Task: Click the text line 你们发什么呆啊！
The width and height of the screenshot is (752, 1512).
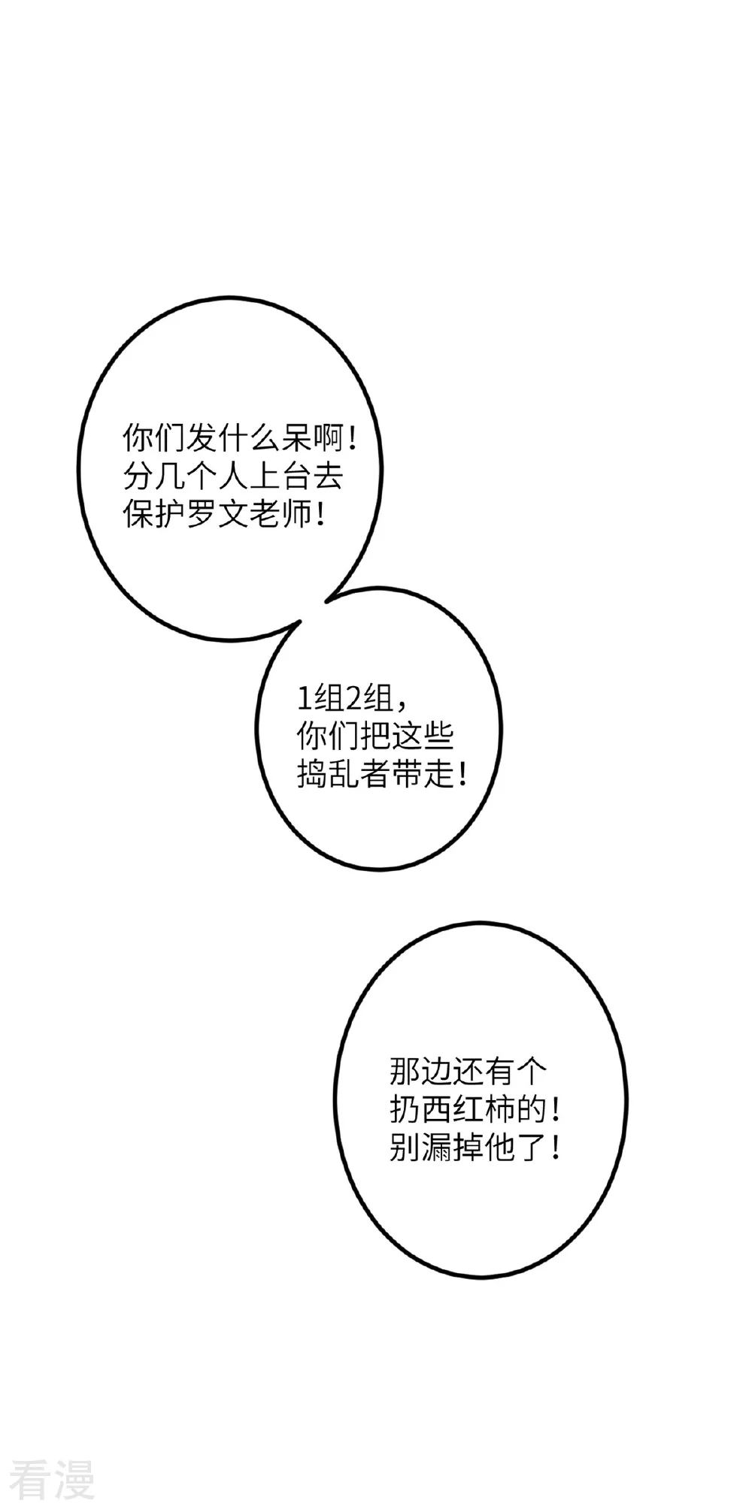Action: click(x=241, y=437)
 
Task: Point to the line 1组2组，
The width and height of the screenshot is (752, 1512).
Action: click(x=353, y=700)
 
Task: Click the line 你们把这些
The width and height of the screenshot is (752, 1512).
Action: click(x=375, y=737)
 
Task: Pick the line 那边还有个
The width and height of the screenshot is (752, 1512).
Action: click(x=468, y=1071)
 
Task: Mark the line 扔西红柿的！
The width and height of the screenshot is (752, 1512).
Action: click(x=475, y=1109)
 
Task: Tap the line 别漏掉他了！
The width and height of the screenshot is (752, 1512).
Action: click(x=475, y=1148)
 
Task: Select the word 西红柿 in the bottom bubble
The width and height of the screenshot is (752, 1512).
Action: click(x=468, y=1109)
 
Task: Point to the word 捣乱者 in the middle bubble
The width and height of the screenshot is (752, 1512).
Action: click(x=344, y=775)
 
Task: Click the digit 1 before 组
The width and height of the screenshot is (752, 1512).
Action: click(x=303, y=700)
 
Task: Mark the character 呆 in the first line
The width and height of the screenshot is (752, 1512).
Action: click(x=296, y=437)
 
